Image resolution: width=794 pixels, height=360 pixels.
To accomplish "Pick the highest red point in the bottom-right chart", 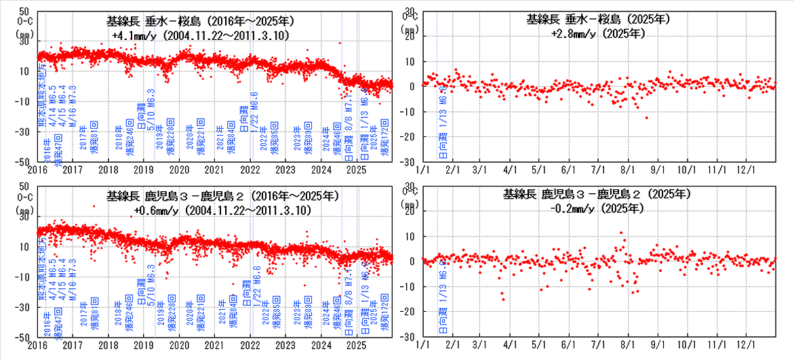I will tap(622, 233).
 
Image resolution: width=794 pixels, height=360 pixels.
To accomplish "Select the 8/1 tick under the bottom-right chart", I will tap(628, 346).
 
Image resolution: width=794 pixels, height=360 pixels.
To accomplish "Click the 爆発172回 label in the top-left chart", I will tap(384, 142).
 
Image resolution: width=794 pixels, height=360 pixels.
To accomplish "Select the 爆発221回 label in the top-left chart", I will tap(201, 142).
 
